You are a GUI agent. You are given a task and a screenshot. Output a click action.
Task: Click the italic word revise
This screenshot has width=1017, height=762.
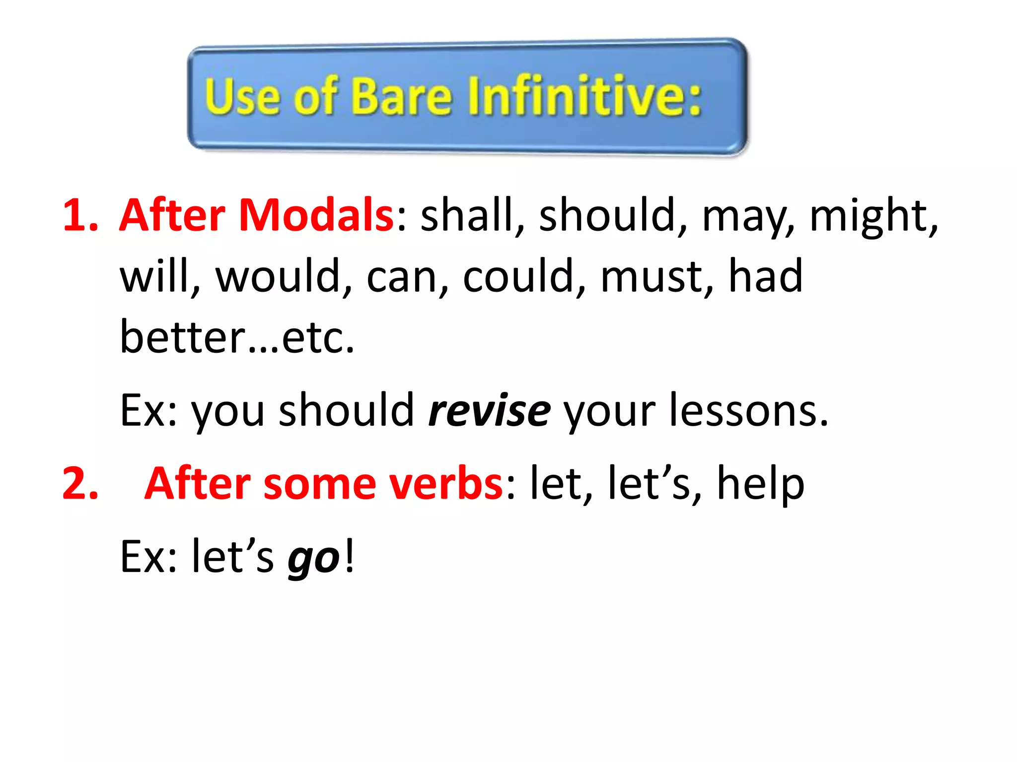coord(489,411)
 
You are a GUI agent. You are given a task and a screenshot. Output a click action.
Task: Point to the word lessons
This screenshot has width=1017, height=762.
coord(748,411)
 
